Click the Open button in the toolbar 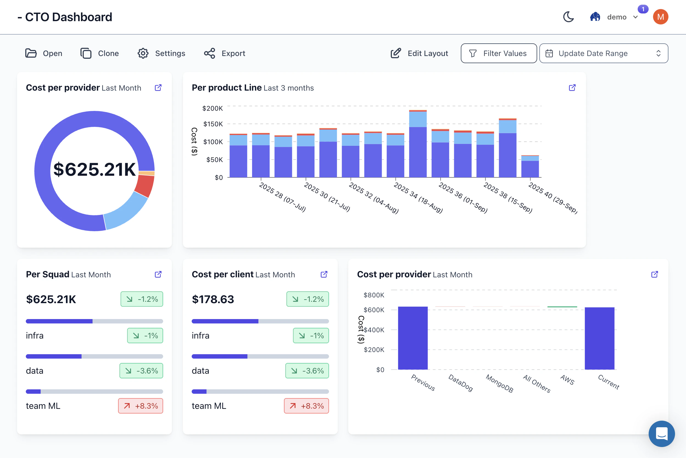44,54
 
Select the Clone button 100,54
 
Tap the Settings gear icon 143,54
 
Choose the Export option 224,54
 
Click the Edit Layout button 419,54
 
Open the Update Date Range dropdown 603,54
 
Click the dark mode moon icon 568,17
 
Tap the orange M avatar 660,17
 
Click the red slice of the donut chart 145,186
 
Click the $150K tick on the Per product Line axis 213,124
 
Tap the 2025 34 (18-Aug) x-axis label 418,198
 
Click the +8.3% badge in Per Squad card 141,406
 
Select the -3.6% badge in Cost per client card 307,371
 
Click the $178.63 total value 213,299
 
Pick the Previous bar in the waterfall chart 412,338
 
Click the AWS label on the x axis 567,380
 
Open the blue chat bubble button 662,434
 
